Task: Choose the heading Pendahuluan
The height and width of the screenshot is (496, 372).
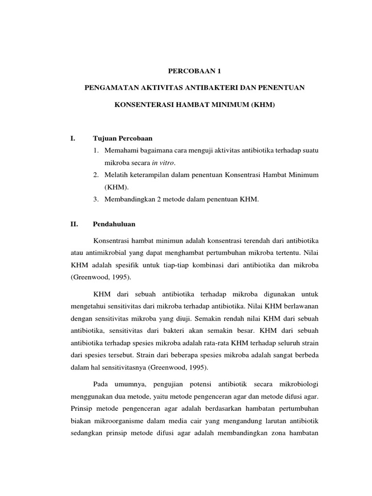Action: [x=114, y=224]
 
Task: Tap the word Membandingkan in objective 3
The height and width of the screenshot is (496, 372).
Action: [x=128, y=199]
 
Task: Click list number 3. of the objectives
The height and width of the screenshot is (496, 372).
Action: [x=96, y=199]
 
